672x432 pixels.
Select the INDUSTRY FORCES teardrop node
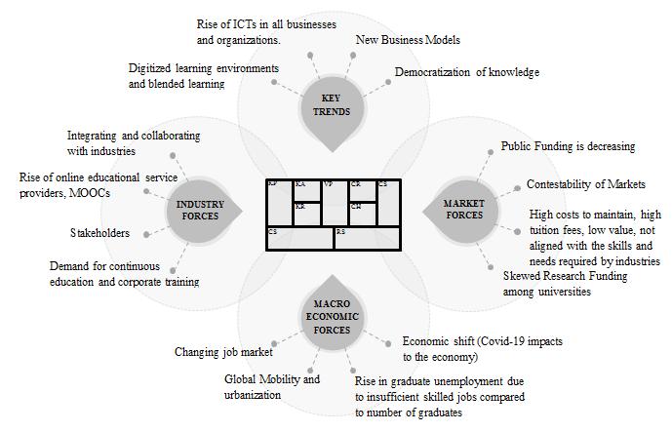(201, 210)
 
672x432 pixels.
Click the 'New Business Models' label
(409, 40)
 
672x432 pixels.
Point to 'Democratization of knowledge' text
(466, 72)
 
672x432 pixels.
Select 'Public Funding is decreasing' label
(568, 146)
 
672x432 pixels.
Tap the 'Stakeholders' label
(99, 233)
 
